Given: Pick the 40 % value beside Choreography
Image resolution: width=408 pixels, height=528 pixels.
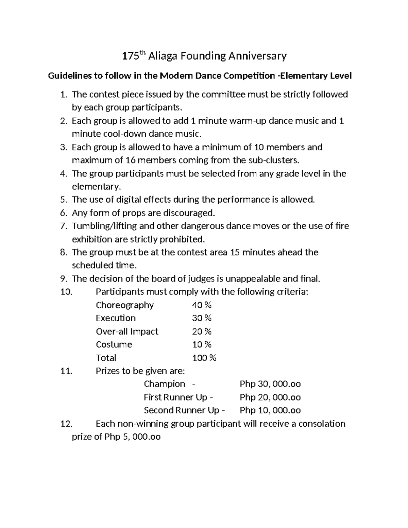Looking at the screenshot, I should (202, 305).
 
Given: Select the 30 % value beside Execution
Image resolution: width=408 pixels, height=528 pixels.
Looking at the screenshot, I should (202, 318).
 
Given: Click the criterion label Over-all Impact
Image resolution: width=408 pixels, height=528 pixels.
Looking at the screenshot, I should (127, 331).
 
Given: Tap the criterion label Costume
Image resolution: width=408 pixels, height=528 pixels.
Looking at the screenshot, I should (114, 344).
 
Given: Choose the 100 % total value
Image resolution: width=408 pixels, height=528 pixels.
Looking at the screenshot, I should (204, 358).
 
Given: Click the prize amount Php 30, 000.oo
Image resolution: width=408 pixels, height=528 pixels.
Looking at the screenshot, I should (270, 384).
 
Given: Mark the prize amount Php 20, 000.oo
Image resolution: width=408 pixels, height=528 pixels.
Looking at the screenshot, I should (270, 397).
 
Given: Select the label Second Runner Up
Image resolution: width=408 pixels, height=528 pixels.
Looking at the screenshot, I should (182, 410).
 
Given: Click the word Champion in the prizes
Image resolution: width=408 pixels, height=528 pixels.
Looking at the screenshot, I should (165, 384).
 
